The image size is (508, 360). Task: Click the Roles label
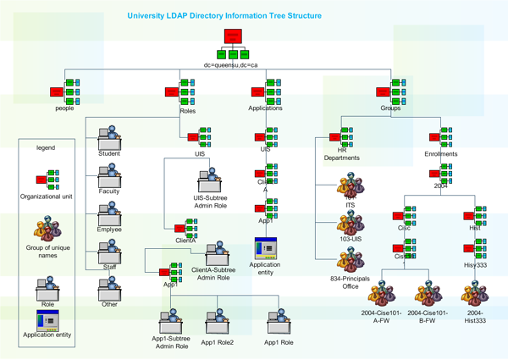[x=187, y=110]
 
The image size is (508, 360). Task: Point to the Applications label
[x=265, y=108]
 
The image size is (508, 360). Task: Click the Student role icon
[x=109, y=136]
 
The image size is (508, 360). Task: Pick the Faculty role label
[x=109, y=191]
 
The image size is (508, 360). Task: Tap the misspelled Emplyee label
[x=109, y=229]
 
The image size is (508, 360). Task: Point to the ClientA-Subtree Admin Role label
[x=211, y=273]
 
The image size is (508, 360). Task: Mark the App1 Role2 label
[x=217, y=342]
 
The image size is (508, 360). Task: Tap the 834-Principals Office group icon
[x=347, y=259]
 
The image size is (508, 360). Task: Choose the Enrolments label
[x=441, y=154]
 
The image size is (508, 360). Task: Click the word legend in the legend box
[x=45, y=147]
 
